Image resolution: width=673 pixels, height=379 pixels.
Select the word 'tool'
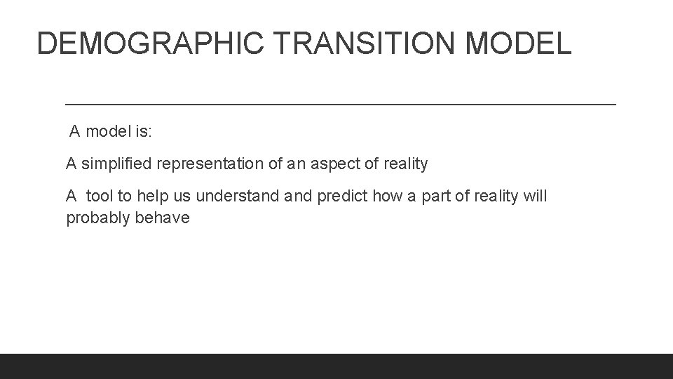click(100, 197)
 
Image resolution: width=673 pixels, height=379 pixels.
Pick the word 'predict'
click(343, 197)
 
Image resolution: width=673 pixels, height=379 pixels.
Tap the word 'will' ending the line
click(535, 197)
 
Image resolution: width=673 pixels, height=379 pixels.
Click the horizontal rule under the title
click(340, 104)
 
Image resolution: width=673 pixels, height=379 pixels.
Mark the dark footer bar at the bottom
click(336, 366)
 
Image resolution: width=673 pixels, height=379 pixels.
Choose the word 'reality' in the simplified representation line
click(406, 164)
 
